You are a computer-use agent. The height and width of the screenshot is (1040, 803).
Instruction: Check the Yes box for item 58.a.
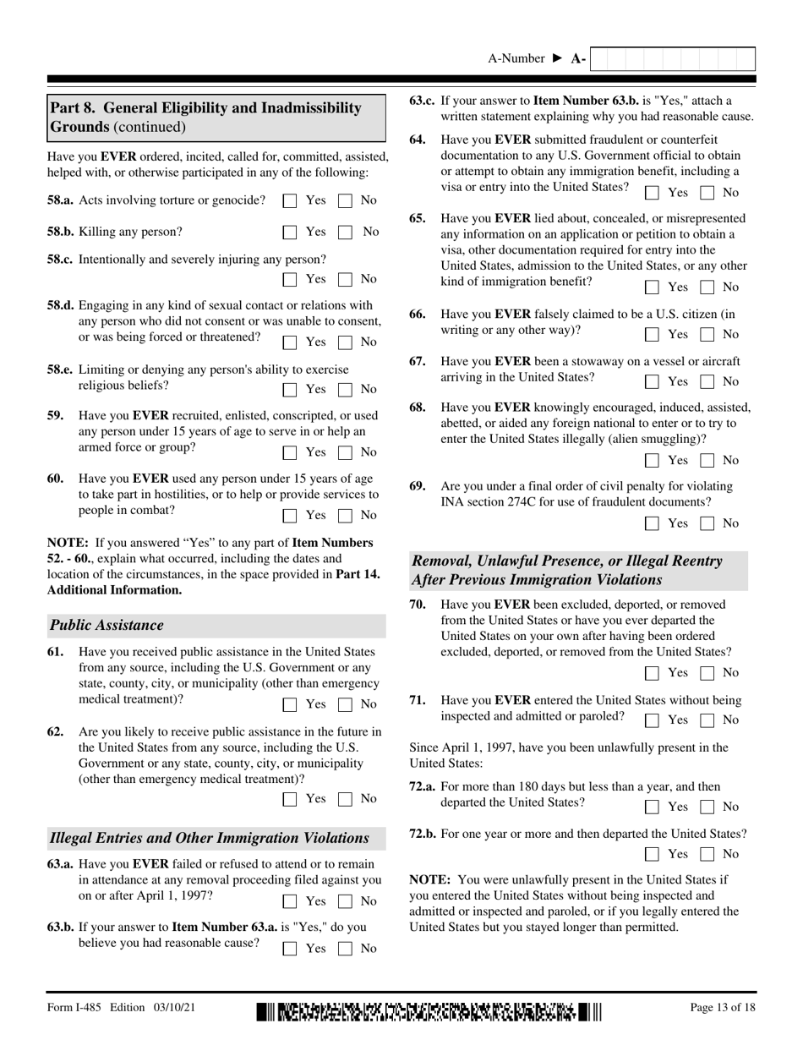[x=290, y=201]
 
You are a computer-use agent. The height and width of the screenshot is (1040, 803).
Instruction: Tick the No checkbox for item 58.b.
[x=345, y=232]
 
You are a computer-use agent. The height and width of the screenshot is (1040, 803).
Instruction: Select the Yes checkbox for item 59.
[x=290, y=452]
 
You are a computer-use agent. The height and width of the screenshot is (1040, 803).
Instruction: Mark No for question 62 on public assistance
[x=345, y=799]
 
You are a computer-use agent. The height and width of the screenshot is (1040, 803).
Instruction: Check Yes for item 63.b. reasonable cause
[x=290, y=949]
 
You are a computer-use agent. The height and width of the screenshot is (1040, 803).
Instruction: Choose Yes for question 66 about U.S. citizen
[x=652, y=335]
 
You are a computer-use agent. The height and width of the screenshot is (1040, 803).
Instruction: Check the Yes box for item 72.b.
[x=652, y=855]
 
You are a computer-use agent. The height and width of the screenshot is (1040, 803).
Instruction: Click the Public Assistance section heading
[x=107, y=626]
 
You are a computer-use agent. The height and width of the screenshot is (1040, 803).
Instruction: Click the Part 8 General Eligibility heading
[x=206, y=118]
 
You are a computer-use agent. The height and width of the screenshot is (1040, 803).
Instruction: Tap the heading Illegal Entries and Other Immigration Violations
[x=210, y=838]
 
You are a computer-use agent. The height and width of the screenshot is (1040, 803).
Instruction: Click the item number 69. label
[x=418, y=486]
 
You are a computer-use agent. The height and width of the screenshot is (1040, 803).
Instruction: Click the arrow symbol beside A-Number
[x=557, y=58]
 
